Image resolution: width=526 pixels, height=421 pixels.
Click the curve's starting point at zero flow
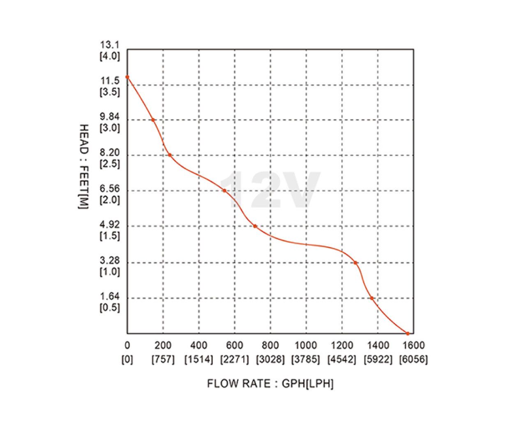[x=127, y=77]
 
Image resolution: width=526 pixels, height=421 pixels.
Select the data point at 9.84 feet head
[x=153, y=120]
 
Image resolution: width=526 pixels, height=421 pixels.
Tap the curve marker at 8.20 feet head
[x=169, y=155]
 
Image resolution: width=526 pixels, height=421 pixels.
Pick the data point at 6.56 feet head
[x=224, y=190]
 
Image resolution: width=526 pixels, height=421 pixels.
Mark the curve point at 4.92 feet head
[x=255, y=226]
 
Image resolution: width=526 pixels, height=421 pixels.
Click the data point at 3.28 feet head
[x=355, y=263]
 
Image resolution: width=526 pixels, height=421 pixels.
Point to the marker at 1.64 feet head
[x=372, y=298]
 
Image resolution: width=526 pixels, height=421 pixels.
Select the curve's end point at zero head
[x=408, y=333]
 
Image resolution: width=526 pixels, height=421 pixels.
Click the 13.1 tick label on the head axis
[x=110, y=45]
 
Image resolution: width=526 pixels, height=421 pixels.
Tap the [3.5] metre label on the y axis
[x=110, y=92]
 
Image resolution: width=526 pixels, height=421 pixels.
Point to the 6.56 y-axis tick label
[x=110, y=189]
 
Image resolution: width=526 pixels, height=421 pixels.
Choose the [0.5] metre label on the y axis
[x=110, y=308]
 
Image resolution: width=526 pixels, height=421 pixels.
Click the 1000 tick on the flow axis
[x=306, y=345]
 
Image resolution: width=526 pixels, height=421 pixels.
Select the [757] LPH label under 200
[x=163, y=359]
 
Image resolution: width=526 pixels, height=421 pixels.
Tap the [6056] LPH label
[x=413, y=359]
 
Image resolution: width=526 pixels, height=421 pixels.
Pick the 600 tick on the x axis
[x=235, y=345]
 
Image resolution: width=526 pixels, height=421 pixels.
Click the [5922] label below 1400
[x=378, y=359]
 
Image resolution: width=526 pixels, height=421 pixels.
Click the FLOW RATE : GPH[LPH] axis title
[x=270, y=384]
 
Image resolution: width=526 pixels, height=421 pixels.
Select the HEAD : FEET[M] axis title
[x=83, y=167]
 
